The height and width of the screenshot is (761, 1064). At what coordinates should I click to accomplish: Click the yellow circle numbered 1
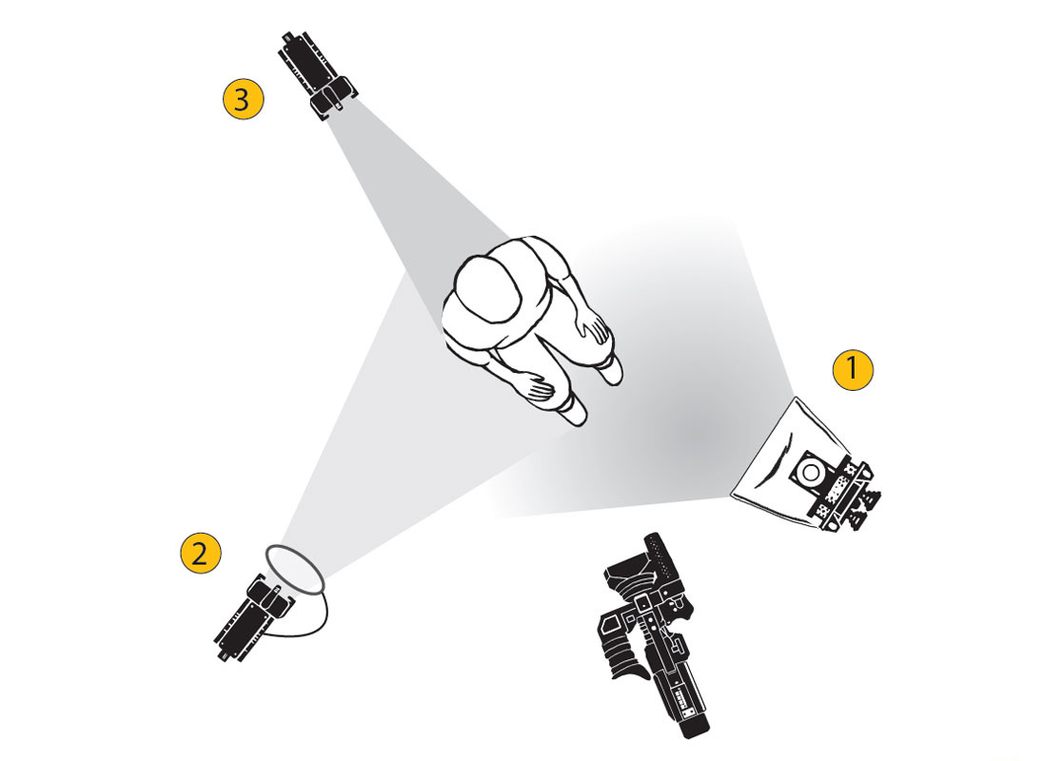click(853, 370)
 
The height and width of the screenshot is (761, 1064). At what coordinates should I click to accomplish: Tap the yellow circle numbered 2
click(200, 553)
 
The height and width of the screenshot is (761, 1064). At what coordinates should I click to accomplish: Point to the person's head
click(488, 288)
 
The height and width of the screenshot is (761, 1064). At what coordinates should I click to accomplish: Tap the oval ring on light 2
click(295, 570)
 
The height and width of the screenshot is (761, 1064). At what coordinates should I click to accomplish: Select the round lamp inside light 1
click(810, 472)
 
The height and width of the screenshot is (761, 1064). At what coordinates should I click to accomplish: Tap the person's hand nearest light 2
click(541, 388)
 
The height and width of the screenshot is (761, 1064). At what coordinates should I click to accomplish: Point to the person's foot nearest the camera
click(573, 411)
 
